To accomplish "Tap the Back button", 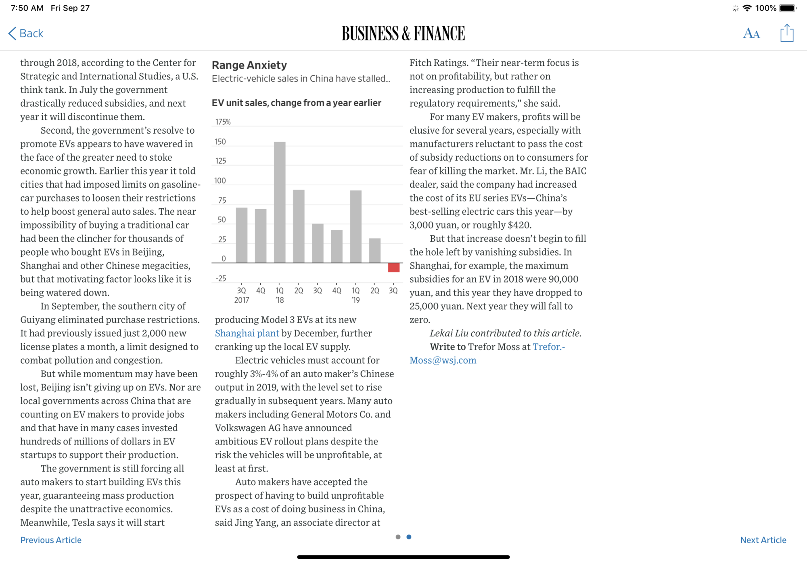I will coord(26,33).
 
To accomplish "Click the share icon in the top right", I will coord(786,33).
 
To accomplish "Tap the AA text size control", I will coord(751,34).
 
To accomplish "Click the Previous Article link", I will coord(51,540).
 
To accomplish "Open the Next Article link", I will coord(763,540).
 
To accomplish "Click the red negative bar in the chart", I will coord(393,267).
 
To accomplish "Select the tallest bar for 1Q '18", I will coord(280,202).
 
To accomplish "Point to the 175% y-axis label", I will coord(223,122).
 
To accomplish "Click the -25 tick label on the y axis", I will coord(221,279).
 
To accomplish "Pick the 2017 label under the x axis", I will coord(242,300).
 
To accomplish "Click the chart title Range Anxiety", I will coord(249,65).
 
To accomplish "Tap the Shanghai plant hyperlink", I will coord(247,333).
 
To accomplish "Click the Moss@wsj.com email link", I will coord(443,360).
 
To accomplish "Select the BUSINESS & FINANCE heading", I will coord(403,34).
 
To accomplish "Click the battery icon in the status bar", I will coord(787,8).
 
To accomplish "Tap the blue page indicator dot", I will coord(409,537).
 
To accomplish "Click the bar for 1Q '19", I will coord(355,226).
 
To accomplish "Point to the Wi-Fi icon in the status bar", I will coord(747,8).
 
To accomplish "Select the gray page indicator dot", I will coord(398,537).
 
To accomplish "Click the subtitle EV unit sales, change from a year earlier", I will coord(296,103).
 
